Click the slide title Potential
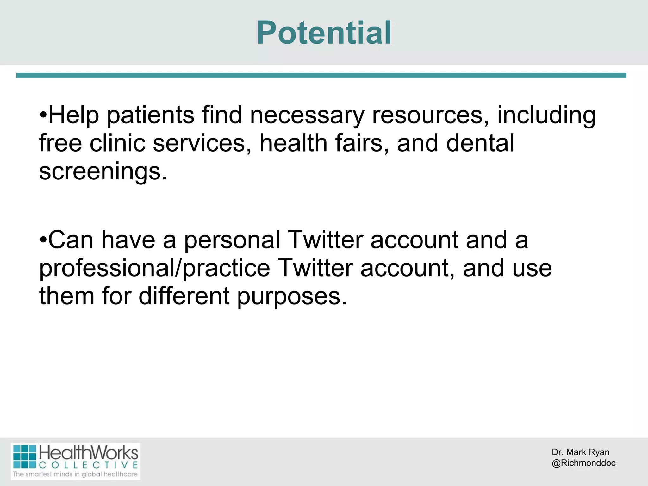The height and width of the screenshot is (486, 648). (x=324, y=33)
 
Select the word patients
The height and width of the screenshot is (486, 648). (x=151, y=116)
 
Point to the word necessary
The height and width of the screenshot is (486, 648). (x=307, y=116)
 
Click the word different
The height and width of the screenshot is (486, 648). (x=184, y=296)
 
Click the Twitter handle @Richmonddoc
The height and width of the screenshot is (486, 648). (x=583, y=463)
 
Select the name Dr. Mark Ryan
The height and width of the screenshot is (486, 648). (x=580, y=452)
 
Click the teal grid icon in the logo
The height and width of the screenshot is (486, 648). (x=25, y=457)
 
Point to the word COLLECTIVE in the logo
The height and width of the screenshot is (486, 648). (x=89, y=465)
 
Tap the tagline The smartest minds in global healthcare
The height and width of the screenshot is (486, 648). (x=75, y=474)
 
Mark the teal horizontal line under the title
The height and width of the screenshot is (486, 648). (x=321, y=76)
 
